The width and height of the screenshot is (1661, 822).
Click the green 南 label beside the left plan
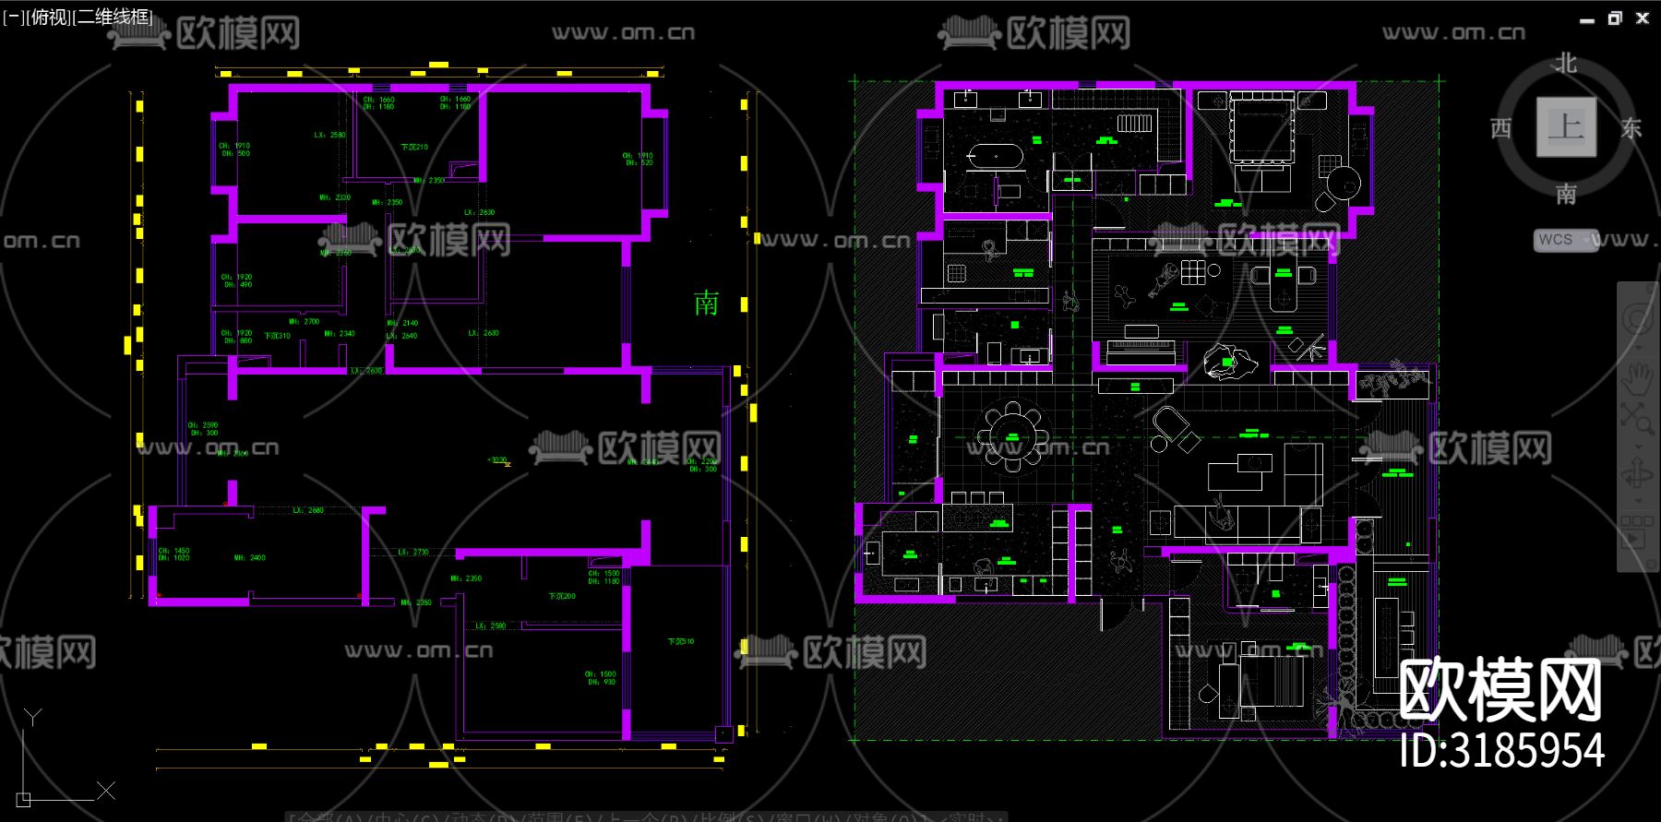coord(706,304)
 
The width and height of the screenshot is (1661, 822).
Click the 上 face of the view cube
coord(1566,126)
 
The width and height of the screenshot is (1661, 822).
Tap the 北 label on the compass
coord(1566,64)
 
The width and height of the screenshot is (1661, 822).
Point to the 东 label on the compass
coord(1631,128)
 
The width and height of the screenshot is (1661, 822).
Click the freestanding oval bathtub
coord(994,156)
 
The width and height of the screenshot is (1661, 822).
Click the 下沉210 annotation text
coord(414,148)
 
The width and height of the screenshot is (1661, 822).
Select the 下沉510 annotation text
coord(681,641)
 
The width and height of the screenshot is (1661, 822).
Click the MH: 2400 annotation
coord(249,558)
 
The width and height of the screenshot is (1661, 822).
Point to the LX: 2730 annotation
coord(413,553)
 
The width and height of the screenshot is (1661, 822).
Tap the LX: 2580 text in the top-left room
coord(329,136)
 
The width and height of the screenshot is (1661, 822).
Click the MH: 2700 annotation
coord(304,322)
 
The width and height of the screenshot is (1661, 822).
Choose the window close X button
coord(1643,18)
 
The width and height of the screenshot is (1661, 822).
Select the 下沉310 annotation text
coord(277,336)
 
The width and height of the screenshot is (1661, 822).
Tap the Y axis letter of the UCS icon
coord(33,717)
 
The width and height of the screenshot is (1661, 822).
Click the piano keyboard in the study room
coord(1140,346)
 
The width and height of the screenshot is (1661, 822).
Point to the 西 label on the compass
coord(1501,128)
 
